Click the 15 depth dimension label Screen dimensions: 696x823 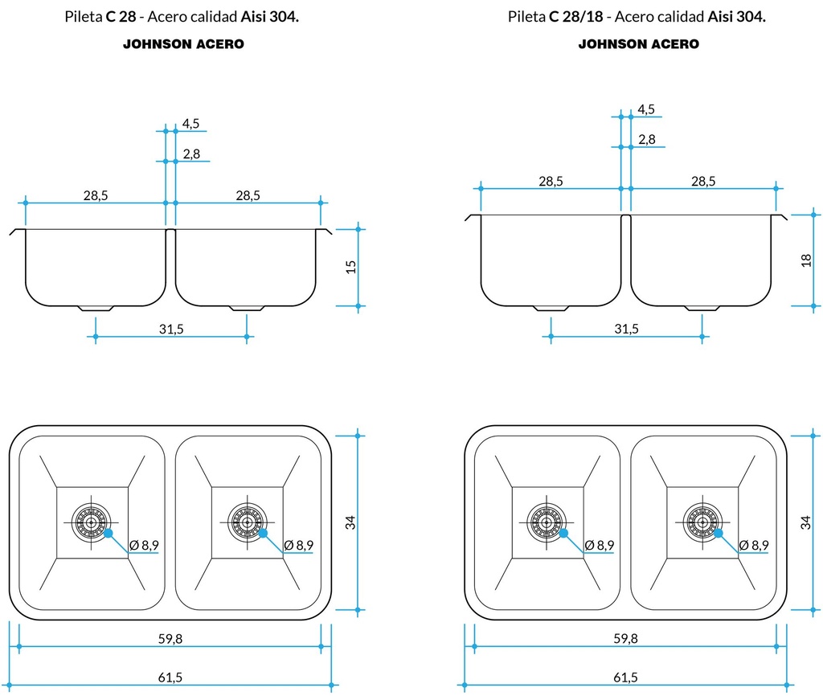(350, 267)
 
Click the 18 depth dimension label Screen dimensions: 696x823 (806, 260)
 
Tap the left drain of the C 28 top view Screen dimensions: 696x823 (90, 522)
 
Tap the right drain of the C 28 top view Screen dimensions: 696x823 (245, 522)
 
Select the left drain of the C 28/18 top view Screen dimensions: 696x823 (546, 522)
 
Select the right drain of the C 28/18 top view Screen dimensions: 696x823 (702, 522)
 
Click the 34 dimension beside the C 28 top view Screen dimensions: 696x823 (350, 522)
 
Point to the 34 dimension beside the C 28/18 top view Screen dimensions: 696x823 (806, 522)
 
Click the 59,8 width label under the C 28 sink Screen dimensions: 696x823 (170, 639)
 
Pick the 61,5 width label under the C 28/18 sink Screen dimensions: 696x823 (625, 678)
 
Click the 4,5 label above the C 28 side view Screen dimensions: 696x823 (190, 124)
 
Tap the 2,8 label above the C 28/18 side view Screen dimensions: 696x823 (646, 140)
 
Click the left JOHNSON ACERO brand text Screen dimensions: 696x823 (183, 45)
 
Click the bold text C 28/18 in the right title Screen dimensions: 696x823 (575, 17)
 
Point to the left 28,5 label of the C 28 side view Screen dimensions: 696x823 (95, 195)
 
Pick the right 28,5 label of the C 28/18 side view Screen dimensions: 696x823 (702, 182)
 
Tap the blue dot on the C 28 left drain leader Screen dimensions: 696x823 (107, 533)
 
